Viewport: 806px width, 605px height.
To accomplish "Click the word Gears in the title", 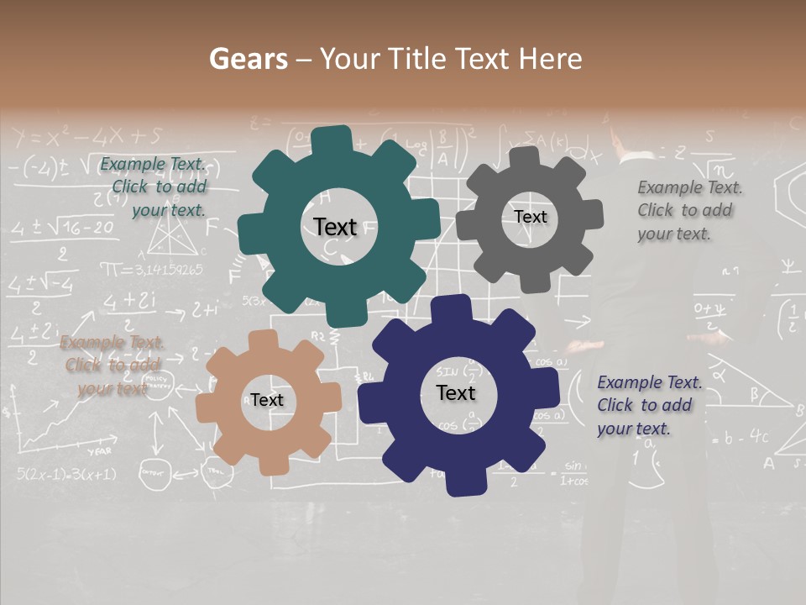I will coord(248,59).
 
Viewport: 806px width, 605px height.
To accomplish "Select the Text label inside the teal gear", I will coord(335,227).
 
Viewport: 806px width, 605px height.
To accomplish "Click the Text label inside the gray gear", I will coord(530,217).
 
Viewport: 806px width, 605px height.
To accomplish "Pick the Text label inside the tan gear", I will coord(266,400).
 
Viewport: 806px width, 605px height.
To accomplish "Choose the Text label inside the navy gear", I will coord(456,392).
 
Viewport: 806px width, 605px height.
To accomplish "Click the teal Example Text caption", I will coord(154,187).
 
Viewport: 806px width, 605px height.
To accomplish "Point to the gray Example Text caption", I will coord(689,210).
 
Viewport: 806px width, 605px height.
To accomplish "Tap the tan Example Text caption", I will coord(113,365).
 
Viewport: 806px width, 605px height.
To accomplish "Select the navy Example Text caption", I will coord(649,405).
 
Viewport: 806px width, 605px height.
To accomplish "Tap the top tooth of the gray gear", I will coord(525,155).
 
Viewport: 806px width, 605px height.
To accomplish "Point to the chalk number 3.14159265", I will coord(151,270).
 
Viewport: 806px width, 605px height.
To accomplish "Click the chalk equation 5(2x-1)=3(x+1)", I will coord(65,474).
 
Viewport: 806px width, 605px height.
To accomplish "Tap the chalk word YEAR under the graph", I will coord(99,452).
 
